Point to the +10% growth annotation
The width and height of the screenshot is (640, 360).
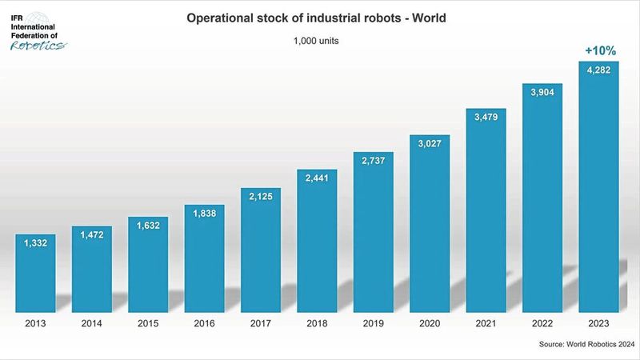599,50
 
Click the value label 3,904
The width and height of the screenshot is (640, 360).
543,92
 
